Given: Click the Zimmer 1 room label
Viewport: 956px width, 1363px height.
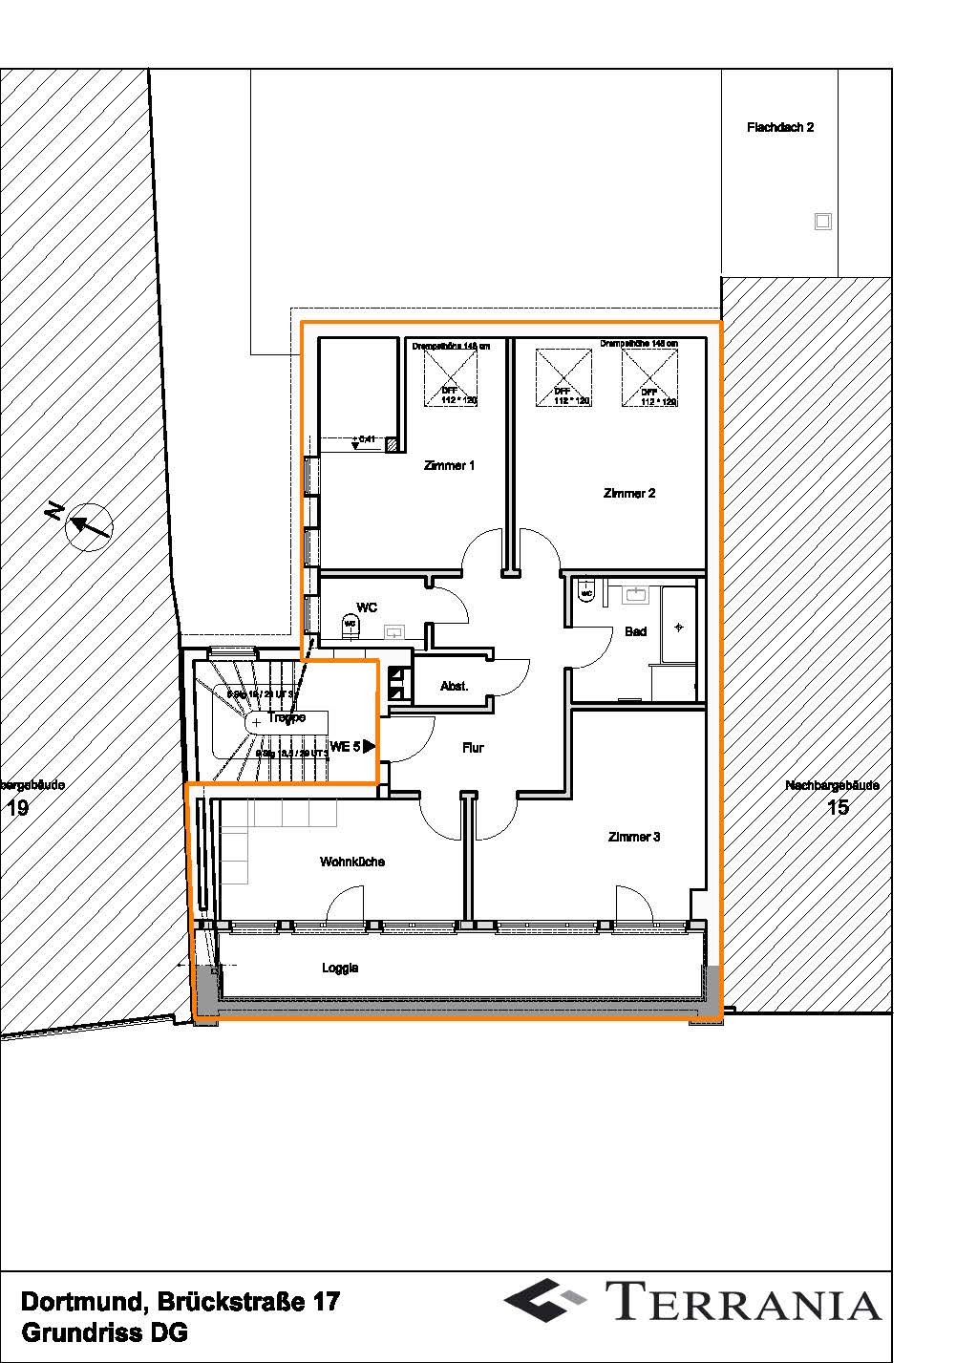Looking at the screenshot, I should coord(449,466).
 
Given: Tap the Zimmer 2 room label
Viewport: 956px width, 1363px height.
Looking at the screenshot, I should coord(629,494).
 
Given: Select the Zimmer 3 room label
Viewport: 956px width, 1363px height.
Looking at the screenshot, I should coord(634,838).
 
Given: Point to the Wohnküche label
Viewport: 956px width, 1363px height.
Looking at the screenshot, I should coord(352,862).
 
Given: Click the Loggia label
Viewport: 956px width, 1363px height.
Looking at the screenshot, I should coord(340,969).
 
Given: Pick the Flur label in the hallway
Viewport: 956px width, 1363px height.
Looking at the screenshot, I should coord(473,749).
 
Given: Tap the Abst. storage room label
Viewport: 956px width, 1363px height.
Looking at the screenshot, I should coord(454,687).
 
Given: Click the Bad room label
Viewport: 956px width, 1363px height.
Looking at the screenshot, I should coord(635,631).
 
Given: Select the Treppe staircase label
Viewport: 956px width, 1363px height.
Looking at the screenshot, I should coord(287,717).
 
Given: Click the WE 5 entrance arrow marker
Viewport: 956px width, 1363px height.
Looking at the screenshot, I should coord(369,746).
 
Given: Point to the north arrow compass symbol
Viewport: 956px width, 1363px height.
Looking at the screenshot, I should coord(89,525).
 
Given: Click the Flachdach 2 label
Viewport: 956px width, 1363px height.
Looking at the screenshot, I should coord(780,127).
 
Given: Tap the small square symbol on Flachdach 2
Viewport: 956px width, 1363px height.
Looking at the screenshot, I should coord(822,222).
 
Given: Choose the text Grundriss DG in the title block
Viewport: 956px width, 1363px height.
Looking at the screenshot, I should coord(104,1332).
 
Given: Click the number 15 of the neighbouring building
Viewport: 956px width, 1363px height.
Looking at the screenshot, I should coord(837,808).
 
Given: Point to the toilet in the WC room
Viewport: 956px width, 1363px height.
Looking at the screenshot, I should coord(351,626).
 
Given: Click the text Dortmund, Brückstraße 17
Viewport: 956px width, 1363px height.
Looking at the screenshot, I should coord(180,1302).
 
